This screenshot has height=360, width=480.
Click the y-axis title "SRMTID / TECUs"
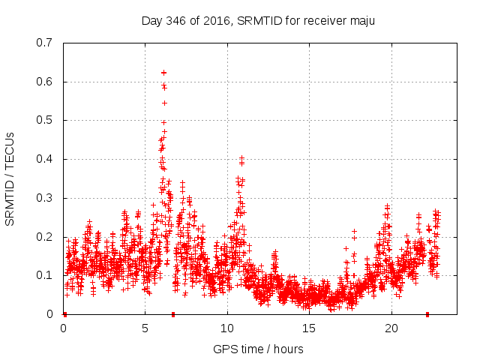[x=10, y=178]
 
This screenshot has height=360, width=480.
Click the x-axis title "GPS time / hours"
[x=258, y=349]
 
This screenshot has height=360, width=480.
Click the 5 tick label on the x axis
[x=145, y=328]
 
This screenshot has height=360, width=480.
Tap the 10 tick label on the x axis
[x=226, y=328]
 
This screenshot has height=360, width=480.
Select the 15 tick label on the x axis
[x=309, y=328]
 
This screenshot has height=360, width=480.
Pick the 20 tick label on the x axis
[x=391, y=328]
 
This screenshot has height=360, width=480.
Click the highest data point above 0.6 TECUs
[x=163, y=73]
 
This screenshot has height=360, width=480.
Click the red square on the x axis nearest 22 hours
[x=427, y=314]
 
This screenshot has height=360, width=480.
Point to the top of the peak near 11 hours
[x=241, y=157]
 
